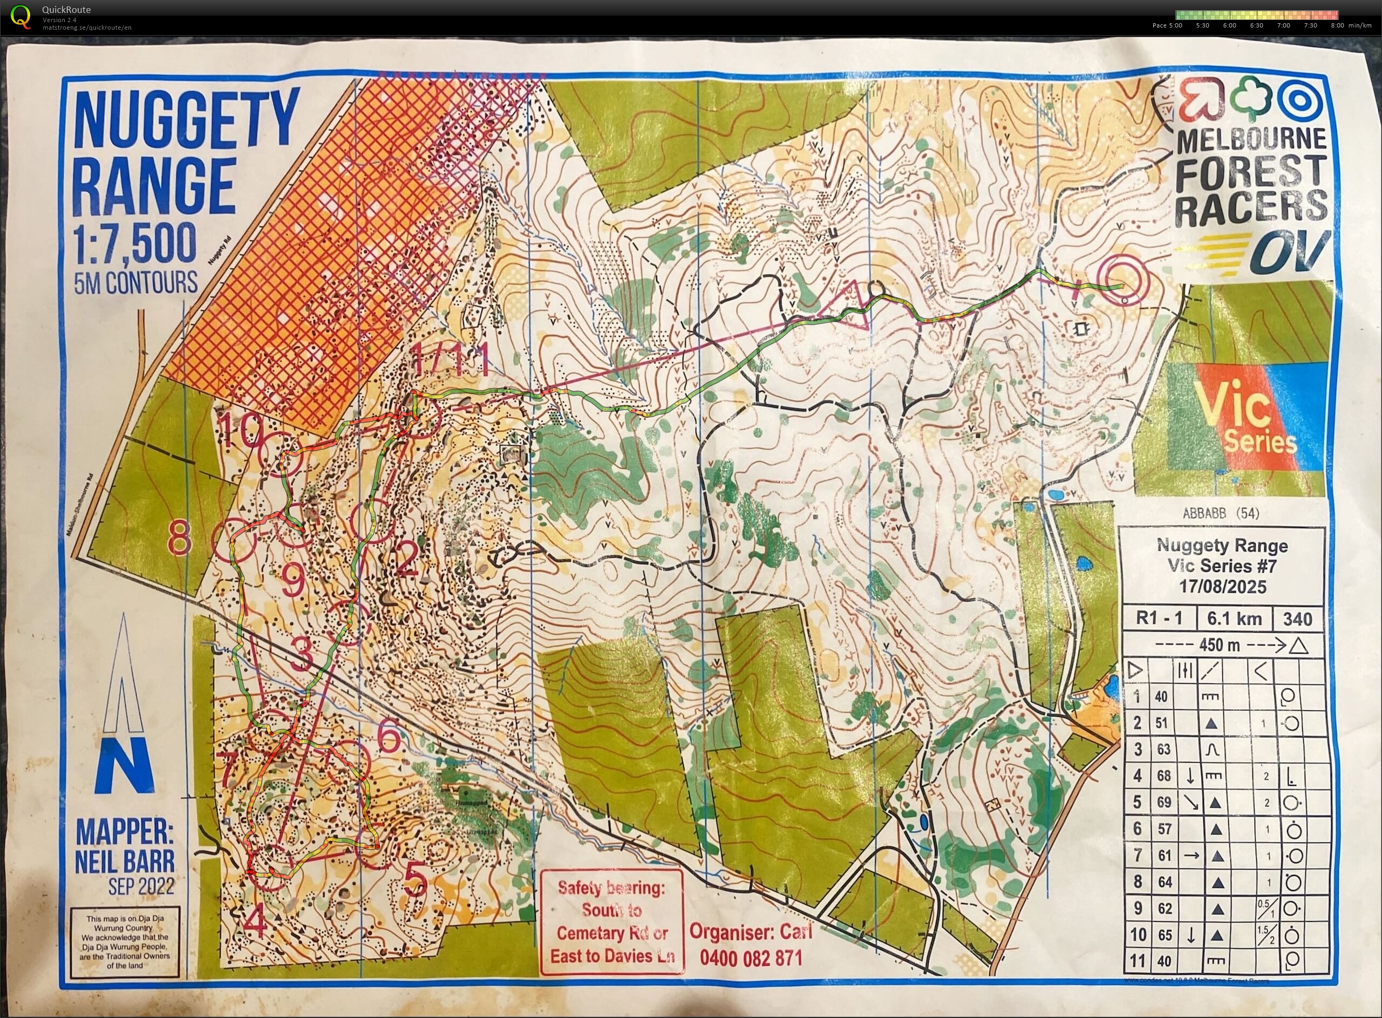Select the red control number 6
click(387, 737)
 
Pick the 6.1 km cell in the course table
click(1234, 618)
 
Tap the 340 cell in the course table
click(1297, 618)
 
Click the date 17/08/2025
click(1222, 586)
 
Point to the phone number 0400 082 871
click(751, 958)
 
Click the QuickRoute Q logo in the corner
click(21, 17)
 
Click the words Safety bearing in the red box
click(610, 888)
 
